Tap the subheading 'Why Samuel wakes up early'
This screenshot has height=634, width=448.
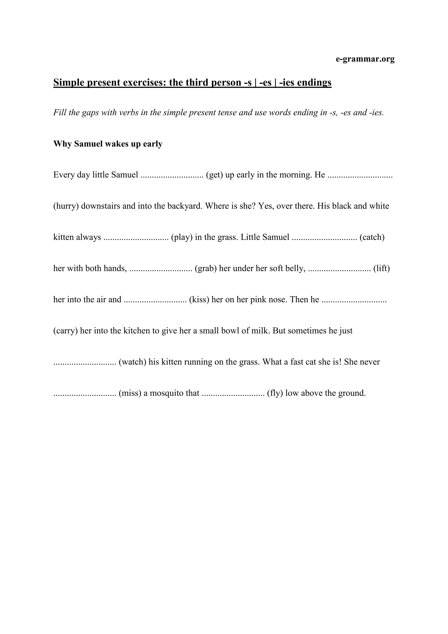click(108, 144)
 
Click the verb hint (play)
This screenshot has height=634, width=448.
click(182, 237)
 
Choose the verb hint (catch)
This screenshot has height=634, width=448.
click(372, 237)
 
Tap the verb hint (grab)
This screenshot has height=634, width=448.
click(206, 268)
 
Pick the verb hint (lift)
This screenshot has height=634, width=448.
click(381, 268)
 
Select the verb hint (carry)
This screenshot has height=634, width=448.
click(65, 331)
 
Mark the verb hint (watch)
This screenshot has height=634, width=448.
click(132, 362)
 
